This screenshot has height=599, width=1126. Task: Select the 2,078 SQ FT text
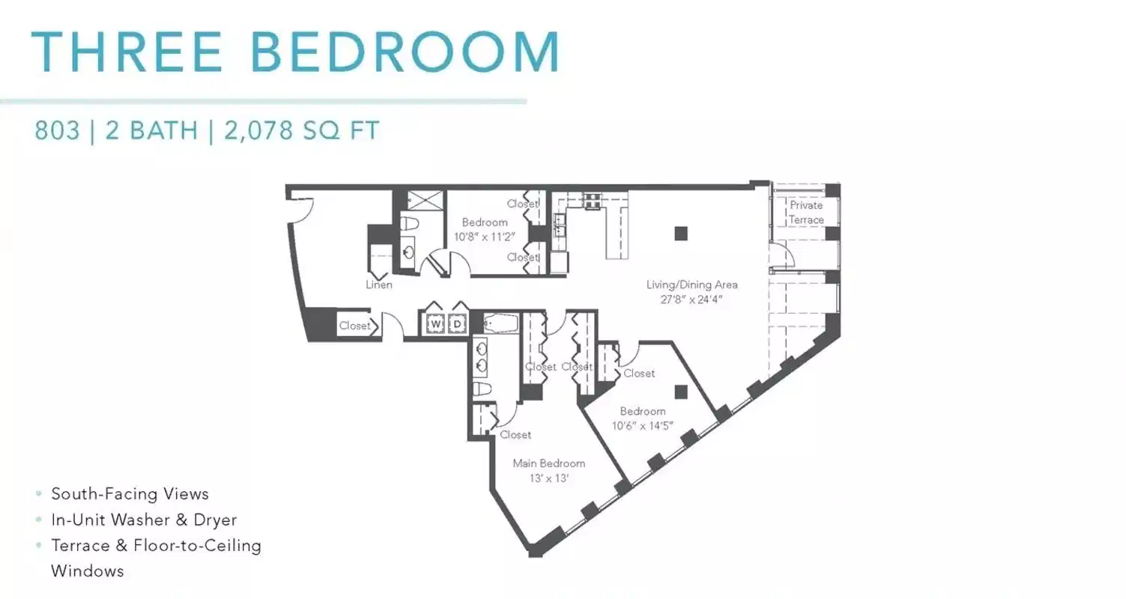(301, 131)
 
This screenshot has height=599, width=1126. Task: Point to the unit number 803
(57, 131)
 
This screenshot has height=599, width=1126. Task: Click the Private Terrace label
(806, 212)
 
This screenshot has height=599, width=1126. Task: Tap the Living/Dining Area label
(691, 285)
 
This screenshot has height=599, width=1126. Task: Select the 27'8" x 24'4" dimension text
(691, 299)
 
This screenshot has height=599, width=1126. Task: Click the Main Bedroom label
(548, 463)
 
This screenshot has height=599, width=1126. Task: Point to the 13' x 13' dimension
(548, 478)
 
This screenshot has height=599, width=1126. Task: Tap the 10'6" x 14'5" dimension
(642, 426)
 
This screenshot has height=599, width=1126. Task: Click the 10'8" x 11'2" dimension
(484, 237)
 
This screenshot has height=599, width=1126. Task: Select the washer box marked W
(435, 324)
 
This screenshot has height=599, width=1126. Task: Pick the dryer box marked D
(455, 324)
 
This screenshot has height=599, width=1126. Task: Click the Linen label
(379, 285)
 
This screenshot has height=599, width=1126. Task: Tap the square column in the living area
(680, 234)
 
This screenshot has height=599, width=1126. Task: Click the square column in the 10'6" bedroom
(680, 392)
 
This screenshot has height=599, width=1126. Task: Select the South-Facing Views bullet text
(130, 494)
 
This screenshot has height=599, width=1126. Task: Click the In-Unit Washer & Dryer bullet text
(144, 520)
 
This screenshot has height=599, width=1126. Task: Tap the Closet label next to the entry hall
(354, 326)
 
